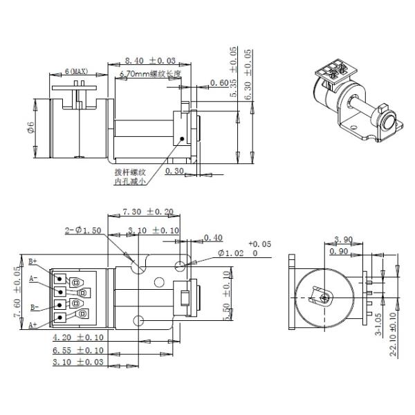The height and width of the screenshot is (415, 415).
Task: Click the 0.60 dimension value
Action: pos(220,84)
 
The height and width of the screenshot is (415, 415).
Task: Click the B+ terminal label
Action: pos(33,262)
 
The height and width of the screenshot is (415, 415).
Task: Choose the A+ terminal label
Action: pos(33,324)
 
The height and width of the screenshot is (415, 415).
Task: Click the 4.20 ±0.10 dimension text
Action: pos(78,338)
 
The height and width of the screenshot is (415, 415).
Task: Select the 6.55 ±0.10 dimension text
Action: pos(78,351)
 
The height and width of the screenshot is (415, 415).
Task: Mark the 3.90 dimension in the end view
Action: pos(344,239)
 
